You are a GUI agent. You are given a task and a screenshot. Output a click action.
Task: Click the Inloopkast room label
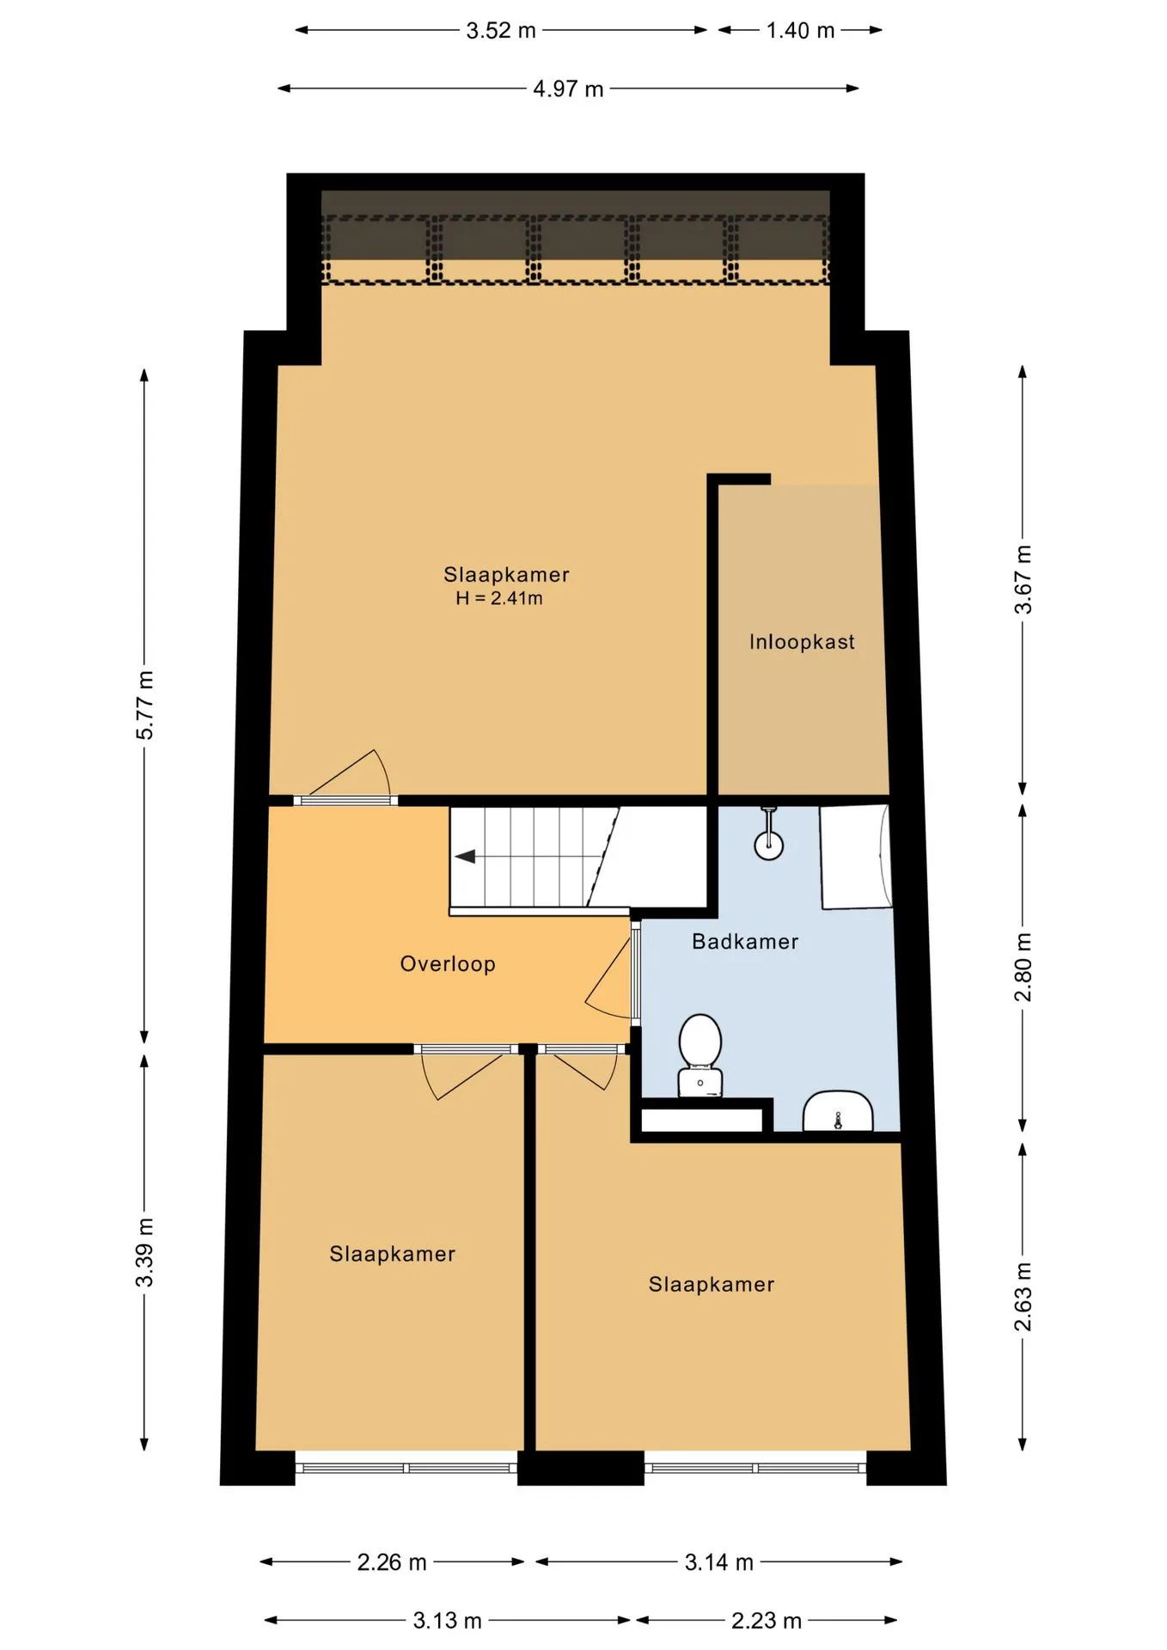802,642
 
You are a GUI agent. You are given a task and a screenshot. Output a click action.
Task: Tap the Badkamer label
745,942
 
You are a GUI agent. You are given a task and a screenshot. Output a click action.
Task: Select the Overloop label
448,964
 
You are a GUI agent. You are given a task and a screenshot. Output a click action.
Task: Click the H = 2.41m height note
499,598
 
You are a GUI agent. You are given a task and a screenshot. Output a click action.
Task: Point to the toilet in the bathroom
700,1055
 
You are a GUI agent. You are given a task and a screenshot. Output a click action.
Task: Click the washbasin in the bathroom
838,1111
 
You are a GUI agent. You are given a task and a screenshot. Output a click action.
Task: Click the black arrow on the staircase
465,857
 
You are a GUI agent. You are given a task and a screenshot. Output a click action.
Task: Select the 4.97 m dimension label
568,89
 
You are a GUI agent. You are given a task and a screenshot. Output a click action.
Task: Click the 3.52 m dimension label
501,31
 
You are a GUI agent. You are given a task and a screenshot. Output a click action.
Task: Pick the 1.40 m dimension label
800,31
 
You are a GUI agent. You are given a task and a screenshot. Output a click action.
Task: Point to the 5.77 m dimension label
145,705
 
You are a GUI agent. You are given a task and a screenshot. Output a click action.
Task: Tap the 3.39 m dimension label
145,1252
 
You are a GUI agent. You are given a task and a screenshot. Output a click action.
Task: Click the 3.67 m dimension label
1023,579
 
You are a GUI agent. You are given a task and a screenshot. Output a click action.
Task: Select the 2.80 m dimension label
1023,967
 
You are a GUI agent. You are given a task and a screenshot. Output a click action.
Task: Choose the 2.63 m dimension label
1023,1297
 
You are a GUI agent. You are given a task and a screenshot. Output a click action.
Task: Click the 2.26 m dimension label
392,1562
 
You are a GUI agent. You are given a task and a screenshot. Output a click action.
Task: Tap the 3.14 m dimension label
719,1562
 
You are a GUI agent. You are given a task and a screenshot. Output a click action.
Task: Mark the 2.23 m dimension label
767,1621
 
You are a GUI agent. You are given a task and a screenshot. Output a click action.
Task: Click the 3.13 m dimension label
448,1621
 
